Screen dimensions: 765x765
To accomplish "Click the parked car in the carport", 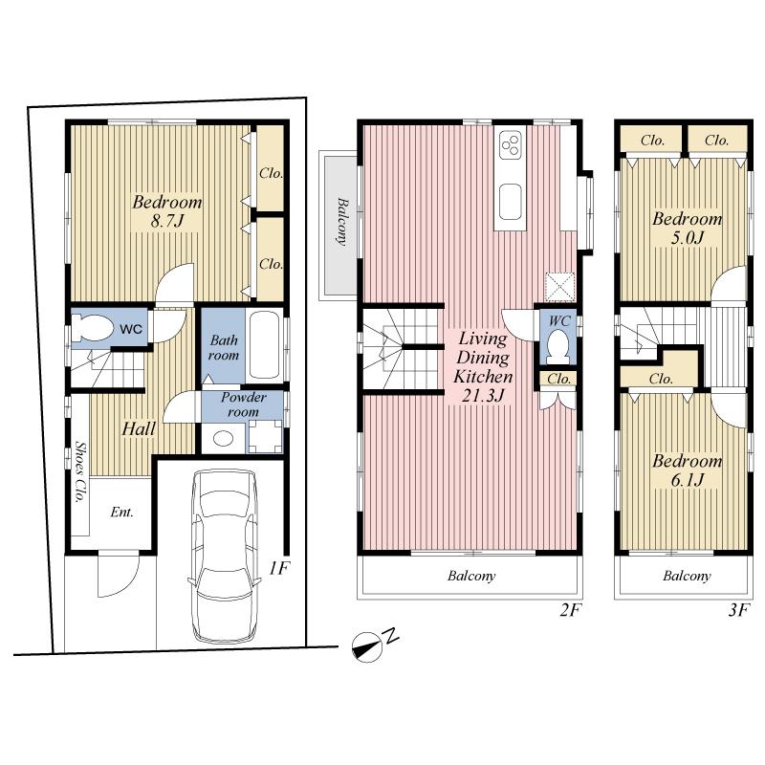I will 226,555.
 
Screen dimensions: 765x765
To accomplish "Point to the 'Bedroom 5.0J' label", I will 687,228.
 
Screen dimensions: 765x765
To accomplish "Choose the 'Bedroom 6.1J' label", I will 687,470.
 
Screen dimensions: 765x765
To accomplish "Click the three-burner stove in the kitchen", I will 511,145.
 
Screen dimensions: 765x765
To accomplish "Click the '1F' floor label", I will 278,568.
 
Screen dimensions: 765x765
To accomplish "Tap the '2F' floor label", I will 571,609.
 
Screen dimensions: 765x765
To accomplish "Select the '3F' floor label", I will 736,609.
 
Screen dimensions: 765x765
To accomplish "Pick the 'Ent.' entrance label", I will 121,512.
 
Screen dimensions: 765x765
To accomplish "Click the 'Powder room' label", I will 244,404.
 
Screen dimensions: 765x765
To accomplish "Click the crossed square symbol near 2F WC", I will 558,286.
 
